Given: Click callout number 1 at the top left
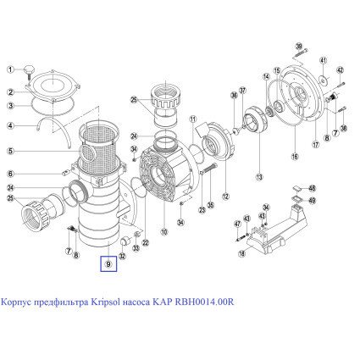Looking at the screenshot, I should point(10,71).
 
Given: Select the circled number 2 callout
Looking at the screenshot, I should point(10,91).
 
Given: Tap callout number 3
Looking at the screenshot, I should point(10,106).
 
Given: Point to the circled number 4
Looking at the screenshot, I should point(10,126).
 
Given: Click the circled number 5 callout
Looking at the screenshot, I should point(10,152).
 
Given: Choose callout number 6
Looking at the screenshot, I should point(10,174).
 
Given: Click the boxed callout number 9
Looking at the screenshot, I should point(109,263).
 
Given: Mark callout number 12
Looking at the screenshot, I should point(224,198).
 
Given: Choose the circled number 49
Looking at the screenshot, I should point(311,201).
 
